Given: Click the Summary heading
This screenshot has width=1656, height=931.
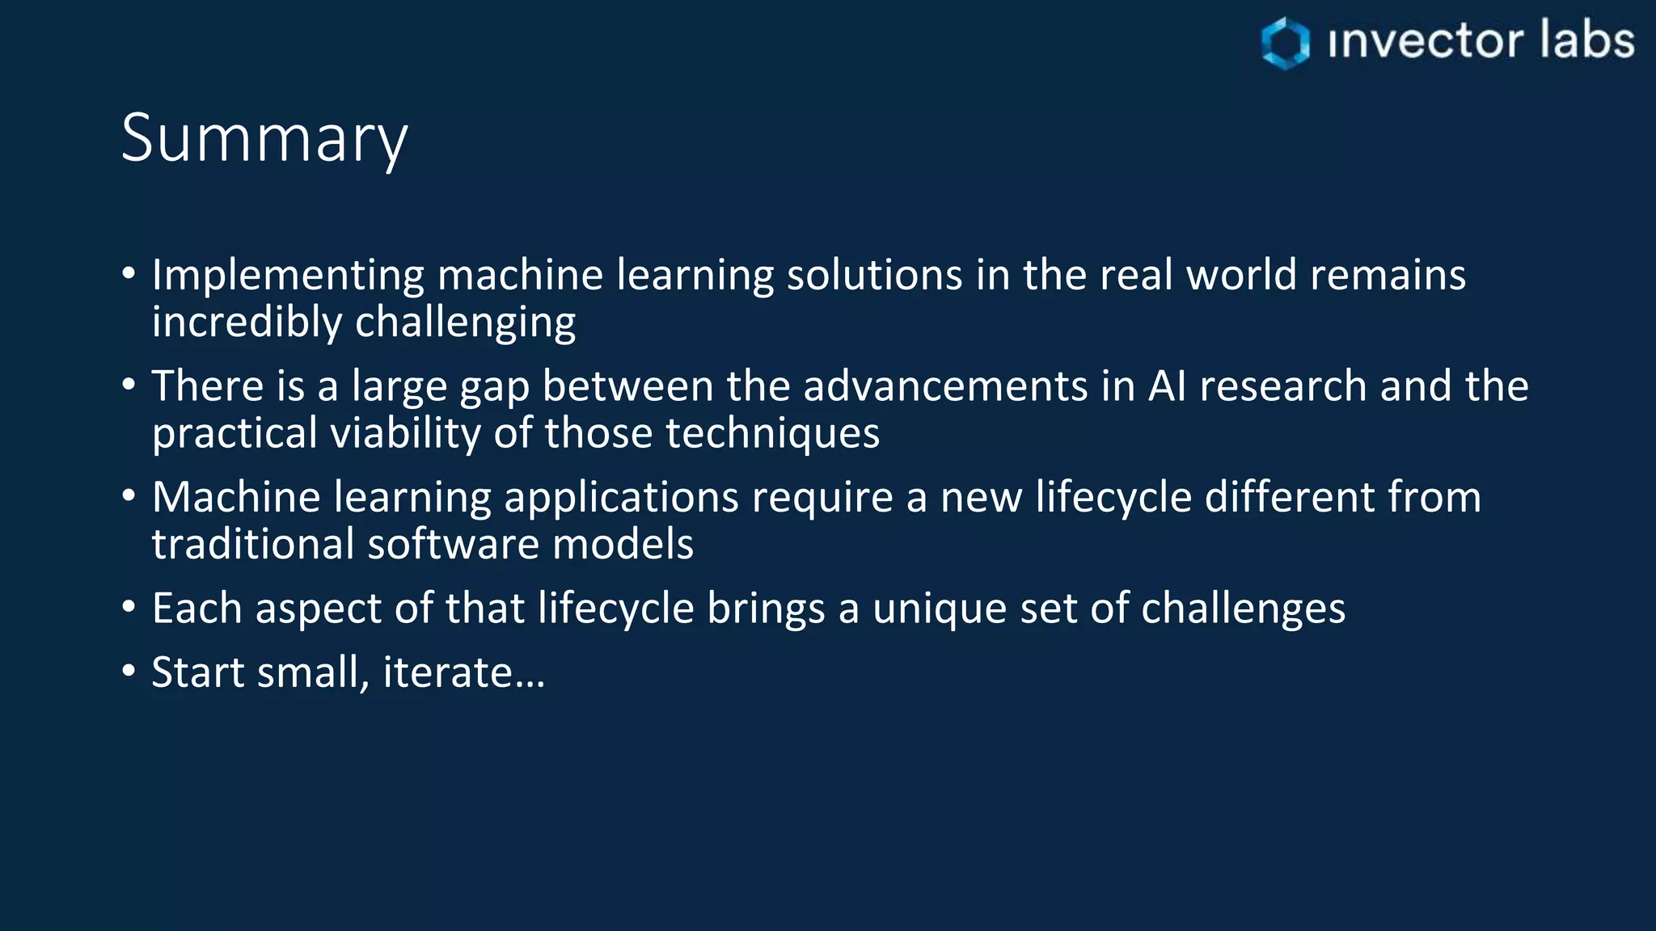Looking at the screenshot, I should coord(264,139).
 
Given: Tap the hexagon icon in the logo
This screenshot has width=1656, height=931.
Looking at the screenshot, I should coord(1285,43).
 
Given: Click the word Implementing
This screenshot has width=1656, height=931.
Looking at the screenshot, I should coord(288,276).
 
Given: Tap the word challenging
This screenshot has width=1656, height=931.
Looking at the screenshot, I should coord(465,323).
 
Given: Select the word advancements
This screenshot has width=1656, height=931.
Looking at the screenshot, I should coord(944,386).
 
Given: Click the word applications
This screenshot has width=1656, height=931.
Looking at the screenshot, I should coord(621,497).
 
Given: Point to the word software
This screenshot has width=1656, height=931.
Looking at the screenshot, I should coord(453,544).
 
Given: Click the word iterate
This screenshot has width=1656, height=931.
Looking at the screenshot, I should coord(447,672).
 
